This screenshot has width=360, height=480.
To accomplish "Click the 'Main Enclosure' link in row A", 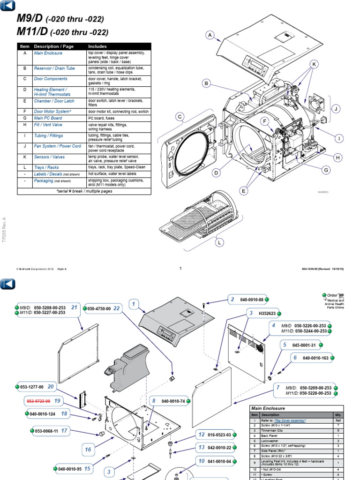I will [48, 53].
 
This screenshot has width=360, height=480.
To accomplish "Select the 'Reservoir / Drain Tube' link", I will [54, 68].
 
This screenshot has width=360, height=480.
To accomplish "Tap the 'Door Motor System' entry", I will [52, 111].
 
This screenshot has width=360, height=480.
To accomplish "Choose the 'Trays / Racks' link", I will [46, 167].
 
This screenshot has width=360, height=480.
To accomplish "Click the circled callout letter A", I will [210, 35].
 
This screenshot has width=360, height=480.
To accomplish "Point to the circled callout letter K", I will [314, 64].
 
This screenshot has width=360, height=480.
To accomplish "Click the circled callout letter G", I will [326, 171].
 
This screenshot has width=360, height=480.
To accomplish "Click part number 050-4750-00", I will [98, 309].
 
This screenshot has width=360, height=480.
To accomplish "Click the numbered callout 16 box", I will [88, 450].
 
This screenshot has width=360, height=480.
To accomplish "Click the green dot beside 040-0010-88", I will [267, 299].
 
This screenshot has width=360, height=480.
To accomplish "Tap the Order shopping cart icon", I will [341, 296].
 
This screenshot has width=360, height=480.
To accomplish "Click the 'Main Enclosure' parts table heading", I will [269, 408].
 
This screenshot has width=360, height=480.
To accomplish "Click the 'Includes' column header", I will [97, 46].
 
